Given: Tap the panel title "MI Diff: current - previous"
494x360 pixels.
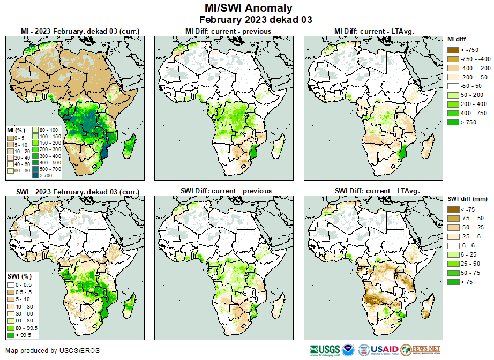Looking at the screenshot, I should coord(228,31).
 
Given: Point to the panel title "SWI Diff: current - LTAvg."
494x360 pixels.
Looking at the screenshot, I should coord(377,191).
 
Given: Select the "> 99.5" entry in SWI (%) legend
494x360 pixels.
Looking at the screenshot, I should coord(11,335).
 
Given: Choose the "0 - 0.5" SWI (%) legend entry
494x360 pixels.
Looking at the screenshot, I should coord(11,284).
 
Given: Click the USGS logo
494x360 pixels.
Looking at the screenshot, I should coord(324,350).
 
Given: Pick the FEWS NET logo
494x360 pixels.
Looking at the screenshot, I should coord(421,350).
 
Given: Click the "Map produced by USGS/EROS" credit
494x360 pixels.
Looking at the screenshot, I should coord(52,351).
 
